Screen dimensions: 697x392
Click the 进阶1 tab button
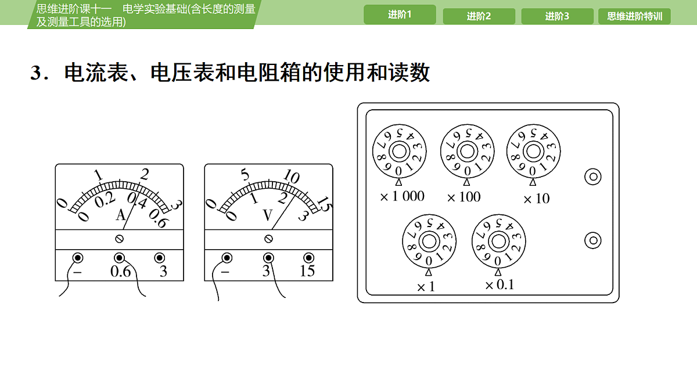click(400, 15)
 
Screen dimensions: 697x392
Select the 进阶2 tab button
click(479, 16)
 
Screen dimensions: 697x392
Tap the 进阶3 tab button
click(557, 16)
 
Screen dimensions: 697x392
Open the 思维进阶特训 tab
click(634, 16)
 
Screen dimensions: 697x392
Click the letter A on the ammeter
click(121, 215)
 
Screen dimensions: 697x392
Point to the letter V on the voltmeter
click(268, 215)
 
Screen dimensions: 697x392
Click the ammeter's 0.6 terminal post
click(119, 258)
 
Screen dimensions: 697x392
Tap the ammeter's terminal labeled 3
click(160, 258)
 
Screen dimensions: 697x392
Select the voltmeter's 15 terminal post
click(308, 258)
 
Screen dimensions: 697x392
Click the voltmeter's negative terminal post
click(227, 258)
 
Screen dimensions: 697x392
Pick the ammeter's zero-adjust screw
click(119, 239)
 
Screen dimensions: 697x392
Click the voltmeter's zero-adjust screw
click(268, 239)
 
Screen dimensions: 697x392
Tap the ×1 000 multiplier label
click(402, 196)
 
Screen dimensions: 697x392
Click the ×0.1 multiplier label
click(500, 285)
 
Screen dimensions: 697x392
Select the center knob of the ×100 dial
click(467, 152)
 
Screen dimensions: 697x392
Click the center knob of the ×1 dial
click(429, 242)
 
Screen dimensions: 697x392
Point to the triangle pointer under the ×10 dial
click(533, 182)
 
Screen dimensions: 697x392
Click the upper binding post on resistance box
click(593, 177)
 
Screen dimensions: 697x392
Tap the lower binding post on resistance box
click(593, 240)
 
